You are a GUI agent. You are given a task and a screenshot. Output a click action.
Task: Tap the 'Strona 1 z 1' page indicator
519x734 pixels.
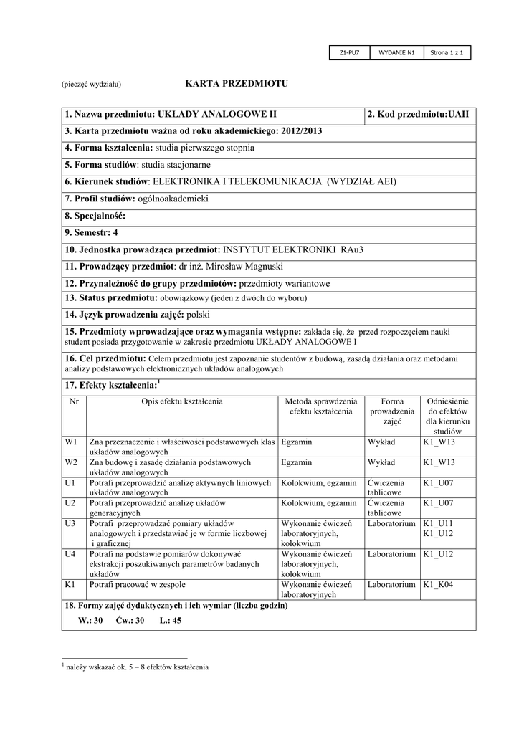point(447,53)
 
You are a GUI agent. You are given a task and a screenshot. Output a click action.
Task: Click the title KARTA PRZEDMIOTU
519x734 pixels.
point(236,84)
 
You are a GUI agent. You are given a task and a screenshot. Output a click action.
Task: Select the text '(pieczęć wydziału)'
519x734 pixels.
point(91,85)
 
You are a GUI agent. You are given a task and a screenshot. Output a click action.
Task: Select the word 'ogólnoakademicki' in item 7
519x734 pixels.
point(172,199)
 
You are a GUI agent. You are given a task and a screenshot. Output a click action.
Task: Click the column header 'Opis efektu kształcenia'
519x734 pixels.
point(182,401)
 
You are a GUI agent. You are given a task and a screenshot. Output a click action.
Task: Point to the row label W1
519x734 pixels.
point(70,442)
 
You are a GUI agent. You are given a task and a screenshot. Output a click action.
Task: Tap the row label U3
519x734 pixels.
point(70,524)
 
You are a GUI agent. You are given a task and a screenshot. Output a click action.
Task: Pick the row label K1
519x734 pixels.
point(70,586)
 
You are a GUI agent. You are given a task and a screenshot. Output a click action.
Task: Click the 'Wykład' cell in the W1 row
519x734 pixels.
point(381,442)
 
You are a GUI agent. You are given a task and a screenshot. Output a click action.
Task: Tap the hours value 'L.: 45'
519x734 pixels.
point(171,620)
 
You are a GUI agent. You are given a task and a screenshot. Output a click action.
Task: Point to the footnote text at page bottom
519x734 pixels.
point(137,667)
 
